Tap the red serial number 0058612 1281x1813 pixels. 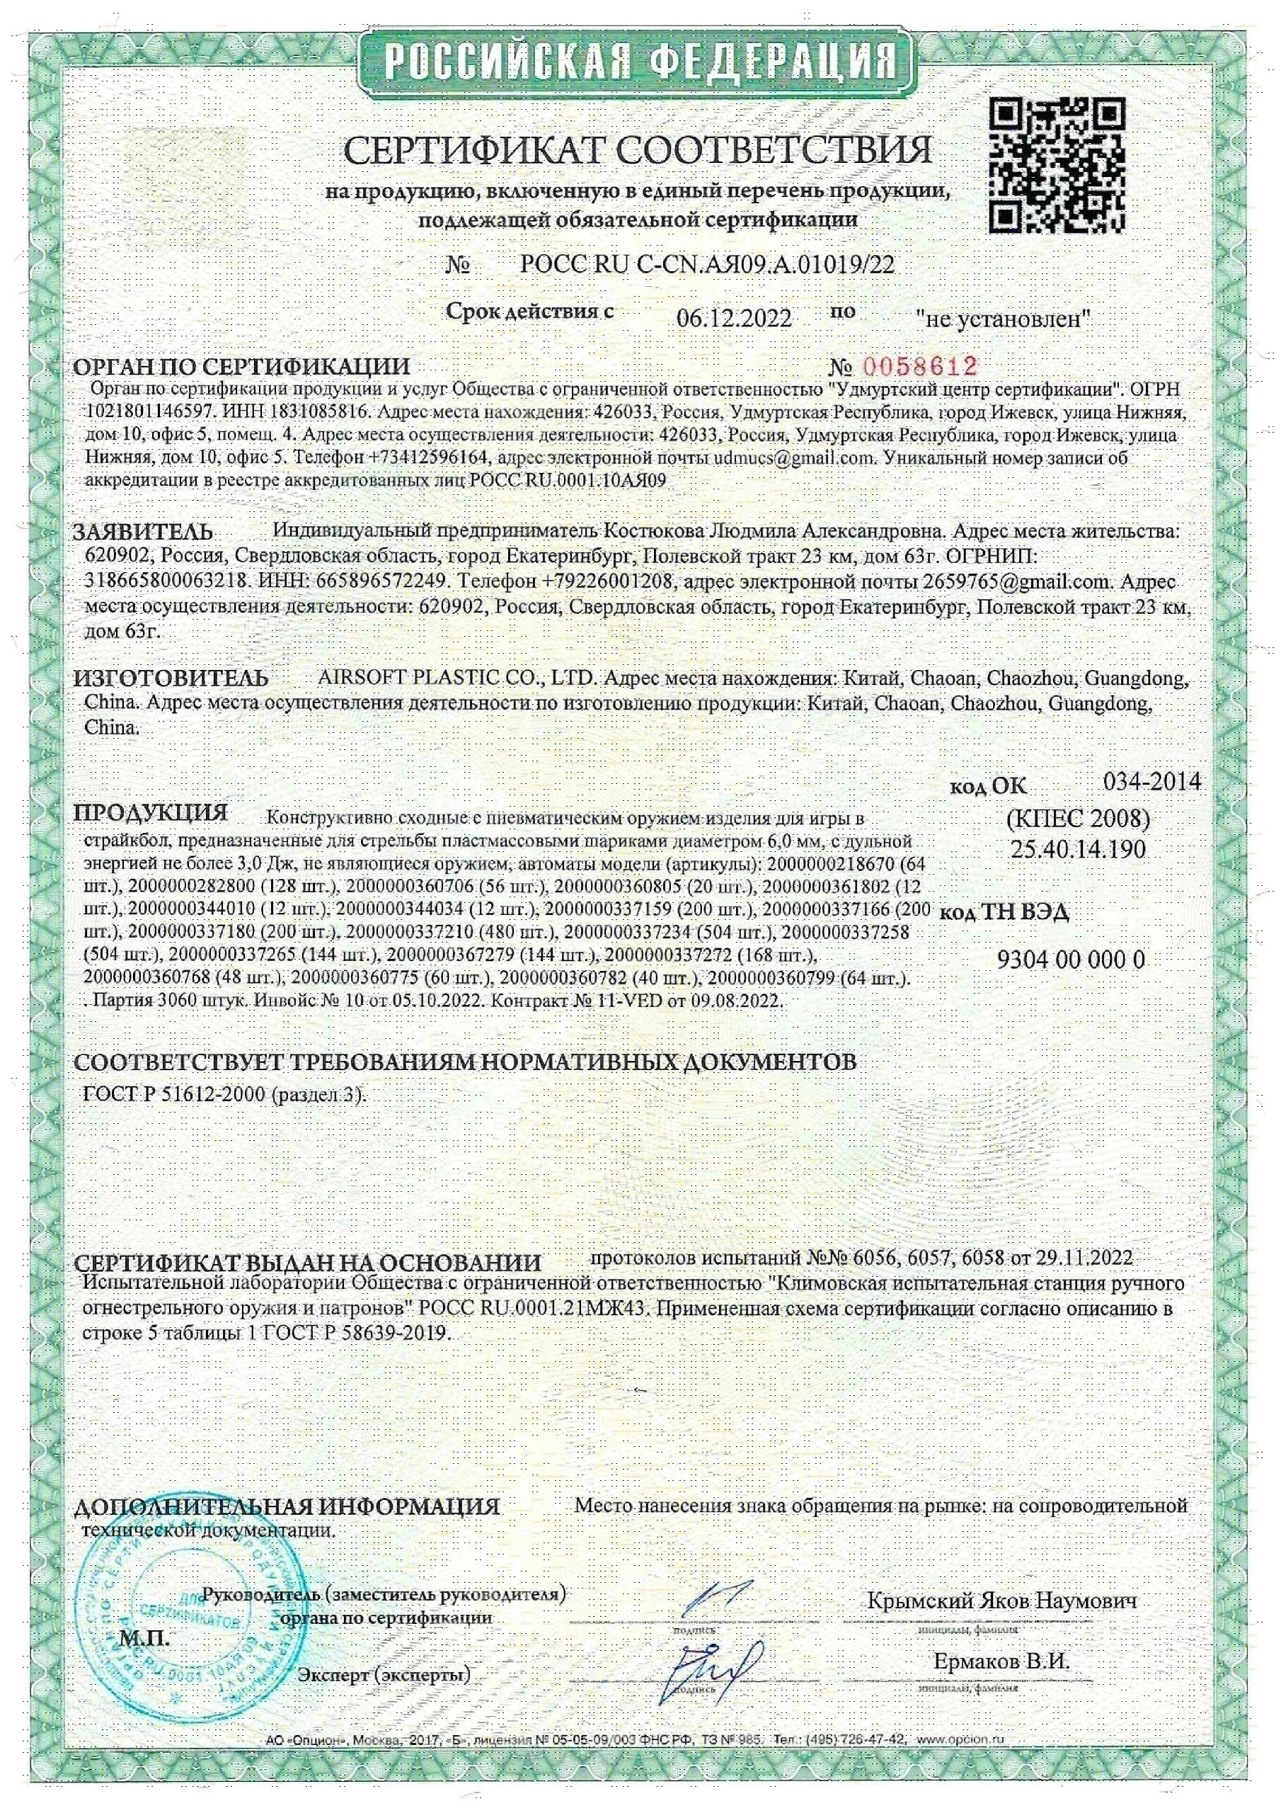tap(920, 366)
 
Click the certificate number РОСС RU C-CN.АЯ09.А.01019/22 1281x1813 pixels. tap(707, 265)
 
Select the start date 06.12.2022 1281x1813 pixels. tap(734, 318)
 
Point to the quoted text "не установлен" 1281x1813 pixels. tap(1003, 319)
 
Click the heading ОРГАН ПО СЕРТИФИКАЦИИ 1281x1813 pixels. tap(241, 367)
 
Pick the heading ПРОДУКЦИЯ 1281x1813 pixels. tap(150, 812)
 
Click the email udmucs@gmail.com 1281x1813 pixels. tap(795, 458)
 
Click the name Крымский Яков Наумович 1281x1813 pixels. tap(1001, 1601)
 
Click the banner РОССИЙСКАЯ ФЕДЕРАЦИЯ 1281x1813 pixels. tap(640, 62)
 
